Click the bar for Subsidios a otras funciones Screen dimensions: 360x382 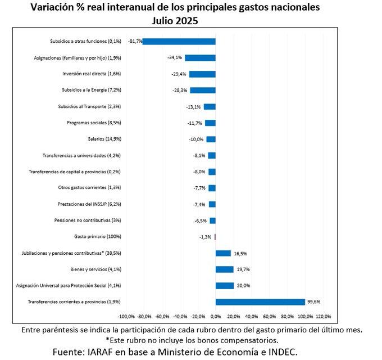[x=180, y=41]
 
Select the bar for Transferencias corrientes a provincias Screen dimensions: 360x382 [x=260, y=302]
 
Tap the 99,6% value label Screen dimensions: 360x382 [x=313, y=302]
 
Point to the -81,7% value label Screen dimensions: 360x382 [x=135, y=41]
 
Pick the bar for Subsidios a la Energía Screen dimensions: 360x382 [x=203, y=90]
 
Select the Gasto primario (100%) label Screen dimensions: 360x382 [x=98, y=237]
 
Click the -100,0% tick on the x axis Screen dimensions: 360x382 [x=127, y=316]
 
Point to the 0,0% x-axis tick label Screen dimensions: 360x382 [x=216, y=316]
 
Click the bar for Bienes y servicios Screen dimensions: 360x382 [x=225, y=269]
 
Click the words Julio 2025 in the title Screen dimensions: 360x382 [x=175, y=20]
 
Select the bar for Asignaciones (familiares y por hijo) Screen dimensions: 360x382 [x=201, y=57]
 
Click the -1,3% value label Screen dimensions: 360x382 [x=205, y=237]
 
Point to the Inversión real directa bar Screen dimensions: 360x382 [x=202, y=74]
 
